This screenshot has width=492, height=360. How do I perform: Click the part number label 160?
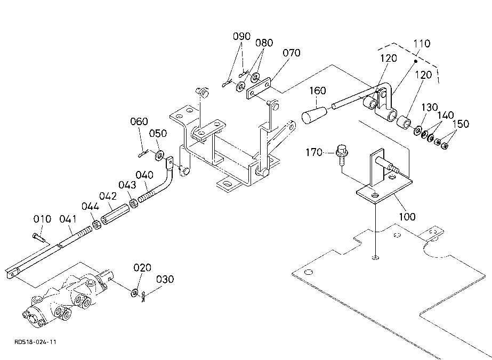(318, 91)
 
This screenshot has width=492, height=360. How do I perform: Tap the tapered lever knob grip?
(314, 115)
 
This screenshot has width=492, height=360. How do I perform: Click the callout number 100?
(407, 217)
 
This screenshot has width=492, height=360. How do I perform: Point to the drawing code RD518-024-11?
(35, 342)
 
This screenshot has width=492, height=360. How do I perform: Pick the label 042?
(108, 196)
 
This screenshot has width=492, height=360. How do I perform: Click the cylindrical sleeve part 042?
(115, 214)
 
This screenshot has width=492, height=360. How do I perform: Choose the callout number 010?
(42, 219)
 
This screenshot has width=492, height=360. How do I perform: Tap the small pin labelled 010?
(39, 238)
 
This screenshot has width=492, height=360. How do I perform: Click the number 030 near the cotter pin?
(165, 279)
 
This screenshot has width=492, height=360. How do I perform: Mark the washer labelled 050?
(159, 155)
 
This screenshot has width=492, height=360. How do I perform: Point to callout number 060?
(139, 121)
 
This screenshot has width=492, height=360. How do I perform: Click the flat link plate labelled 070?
(259, 88)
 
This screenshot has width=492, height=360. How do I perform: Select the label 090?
(241, 36)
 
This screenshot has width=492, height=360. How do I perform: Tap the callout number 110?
(422, 43)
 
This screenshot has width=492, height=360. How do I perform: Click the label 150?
(461, 124)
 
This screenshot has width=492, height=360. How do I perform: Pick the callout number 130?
(429, 107)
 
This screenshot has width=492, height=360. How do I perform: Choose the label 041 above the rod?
(68, 219)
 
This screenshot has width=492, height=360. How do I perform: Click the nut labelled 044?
(97, 225)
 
